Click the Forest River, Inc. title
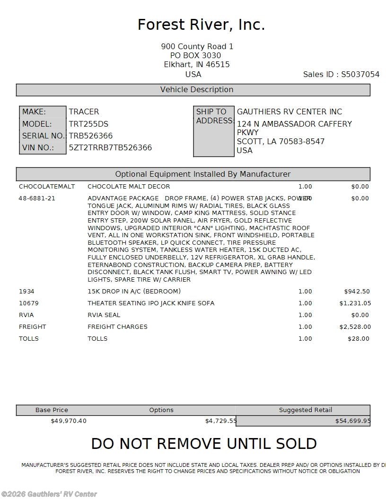click(201, 25)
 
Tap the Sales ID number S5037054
click(360, 74)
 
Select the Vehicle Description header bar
click(193, 90)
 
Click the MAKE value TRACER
click(84, 112)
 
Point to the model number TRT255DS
click(88, 124)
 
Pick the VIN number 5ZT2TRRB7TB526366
click(110, 147)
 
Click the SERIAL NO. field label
click(43, 136)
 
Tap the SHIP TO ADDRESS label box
click(214, 131)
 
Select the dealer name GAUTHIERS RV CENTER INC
click(289, 112)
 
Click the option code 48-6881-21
click(37, 198)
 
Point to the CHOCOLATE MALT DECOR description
click(129, 187)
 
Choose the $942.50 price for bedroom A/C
click(357, 292)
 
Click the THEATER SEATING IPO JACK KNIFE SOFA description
click(151, 303)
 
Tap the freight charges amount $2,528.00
click(355, 327)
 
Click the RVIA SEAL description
click(104, 315)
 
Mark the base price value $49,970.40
click(69, 421)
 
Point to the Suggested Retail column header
click(306, 410)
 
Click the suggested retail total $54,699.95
click(353, 421)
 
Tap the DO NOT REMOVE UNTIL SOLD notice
click(204, 444)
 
